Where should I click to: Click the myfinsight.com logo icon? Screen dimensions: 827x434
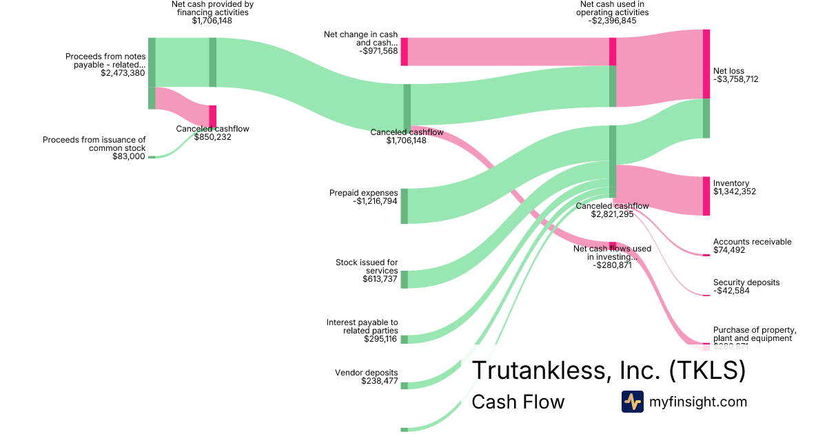click(x=632, y=402)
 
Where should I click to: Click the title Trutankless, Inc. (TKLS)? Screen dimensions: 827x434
click(x=608, y=371)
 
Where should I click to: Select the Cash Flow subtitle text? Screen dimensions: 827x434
click(x=518, y=402)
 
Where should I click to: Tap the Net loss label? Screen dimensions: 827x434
click(x=728, y=71)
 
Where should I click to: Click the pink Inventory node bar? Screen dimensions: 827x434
click(x=706, y=196)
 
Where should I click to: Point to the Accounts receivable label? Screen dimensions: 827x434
click(x=752, y=242)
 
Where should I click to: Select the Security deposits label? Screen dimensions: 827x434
click(x=746, y=282)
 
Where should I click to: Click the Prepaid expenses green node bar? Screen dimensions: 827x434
click(x=405, y=206)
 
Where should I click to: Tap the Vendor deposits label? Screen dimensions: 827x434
click(x=366, y=372)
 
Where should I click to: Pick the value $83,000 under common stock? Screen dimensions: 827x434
click(x=129, y=156)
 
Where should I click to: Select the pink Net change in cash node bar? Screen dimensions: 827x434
click(x=405, y=52)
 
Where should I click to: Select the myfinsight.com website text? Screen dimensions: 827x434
click(x=698, y=402)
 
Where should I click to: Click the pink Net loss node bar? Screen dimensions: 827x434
click(x=706, y=64)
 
